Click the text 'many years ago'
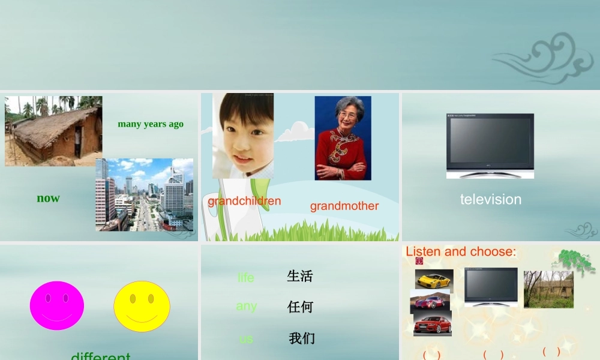(151, 124)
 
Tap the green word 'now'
(48, 198)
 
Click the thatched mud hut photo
(53, 131)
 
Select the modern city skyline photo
(144, 194)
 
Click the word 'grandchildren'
(244, 201)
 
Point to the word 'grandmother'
(344, 206)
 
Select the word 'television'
(490, 199)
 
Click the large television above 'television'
(490, 146)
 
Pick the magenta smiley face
(57, 305)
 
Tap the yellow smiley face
(142, 307)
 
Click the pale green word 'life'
(245, 277)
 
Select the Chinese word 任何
(301, 307)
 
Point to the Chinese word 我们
(302, 338)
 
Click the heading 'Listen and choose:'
(461, 251)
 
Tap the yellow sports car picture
(434, 280)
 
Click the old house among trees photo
(548, 289)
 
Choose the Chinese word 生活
(300, 276)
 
